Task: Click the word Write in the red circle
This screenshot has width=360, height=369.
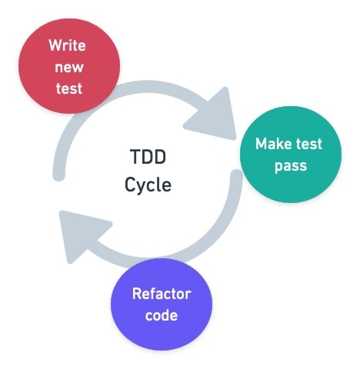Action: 67,45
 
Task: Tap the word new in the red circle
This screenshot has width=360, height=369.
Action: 67,67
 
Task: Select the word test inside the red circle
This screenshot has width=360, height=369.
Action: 67,88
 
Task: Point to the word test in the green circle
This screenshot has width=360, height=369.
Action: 308,145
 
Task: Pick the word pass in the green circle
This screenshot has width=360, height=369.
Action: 288,166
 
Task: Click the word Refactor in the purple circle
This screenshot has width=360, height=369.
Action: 161,294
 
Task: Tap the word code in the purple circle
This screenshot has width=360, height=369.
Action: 161,315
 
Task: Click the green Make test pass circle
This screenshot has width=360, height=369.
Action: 288,156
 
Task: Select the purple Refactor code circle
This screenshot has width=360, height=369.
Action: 161,304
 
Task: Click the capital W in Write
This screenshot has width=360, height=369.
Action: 55,45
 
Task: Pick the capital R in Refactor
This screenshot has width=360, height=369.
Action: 137,294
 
